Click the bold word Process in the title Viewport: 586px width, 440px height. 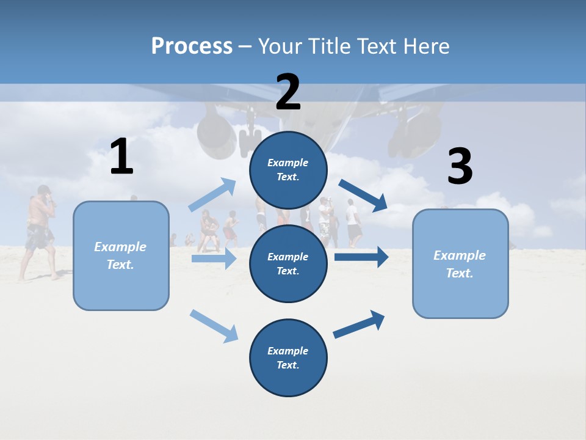point(192,46)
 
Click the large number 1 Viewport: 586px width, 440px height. point(121,157)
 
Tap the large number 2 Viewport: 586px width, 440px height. point(288,92)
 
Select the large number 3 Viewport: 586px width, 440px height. point(460,167)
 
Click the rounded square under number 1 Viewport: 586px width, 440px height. point(121,255)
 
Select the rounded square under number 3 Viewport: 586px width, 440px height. point(460,263)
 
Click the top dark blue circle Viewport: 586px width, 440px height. point(288,170)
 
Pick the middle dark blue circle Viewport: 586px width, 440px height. point(288,264)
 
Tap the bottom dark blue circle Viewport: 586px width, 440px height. point(288,358)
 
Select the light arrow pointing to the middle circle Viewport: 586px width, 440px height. point(214,258)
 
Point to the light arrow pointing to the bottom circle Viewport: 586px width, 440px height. point(214,325)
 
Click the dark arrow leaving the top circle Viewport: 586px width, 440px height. point(363,196)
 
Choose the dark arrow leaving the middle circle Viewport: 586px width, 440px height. point(361,257)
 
